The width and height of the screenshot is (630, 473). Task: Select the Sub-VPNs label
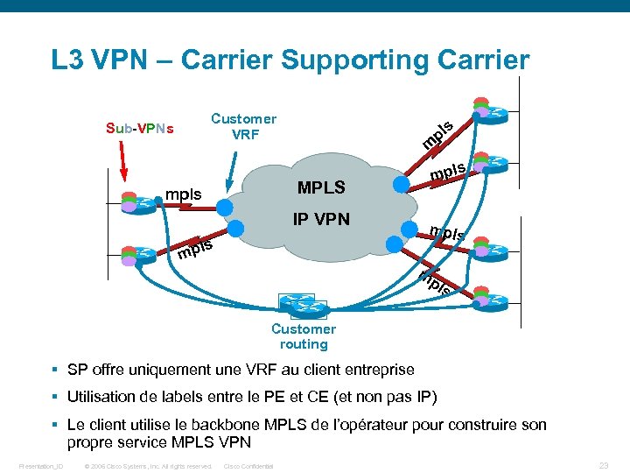(139, 129)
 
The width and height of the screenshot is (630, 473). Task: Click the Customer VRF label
(243, 127)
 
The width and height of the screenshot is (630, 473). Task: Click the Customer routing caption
(303, 336)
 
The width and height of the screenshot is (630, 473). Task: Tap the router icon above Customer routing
(302, 305)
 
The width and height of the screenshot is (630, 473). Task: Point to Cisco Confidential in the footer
(249, 466)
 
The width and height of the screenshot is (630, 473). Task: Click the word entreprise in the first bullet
(377, 370)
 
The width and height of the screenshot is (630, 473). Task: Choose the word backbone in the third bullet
(222, 425)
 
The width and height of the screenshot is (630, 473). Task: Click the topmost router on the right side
(493, 112)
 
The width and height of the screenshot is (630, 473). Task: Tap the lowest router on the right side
(493, 300)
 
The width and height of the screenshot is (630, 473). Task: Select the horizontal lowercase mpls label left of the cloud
(184, 194)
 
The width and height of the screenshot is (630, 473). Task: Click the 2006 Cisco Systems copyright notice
(147, 466)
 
